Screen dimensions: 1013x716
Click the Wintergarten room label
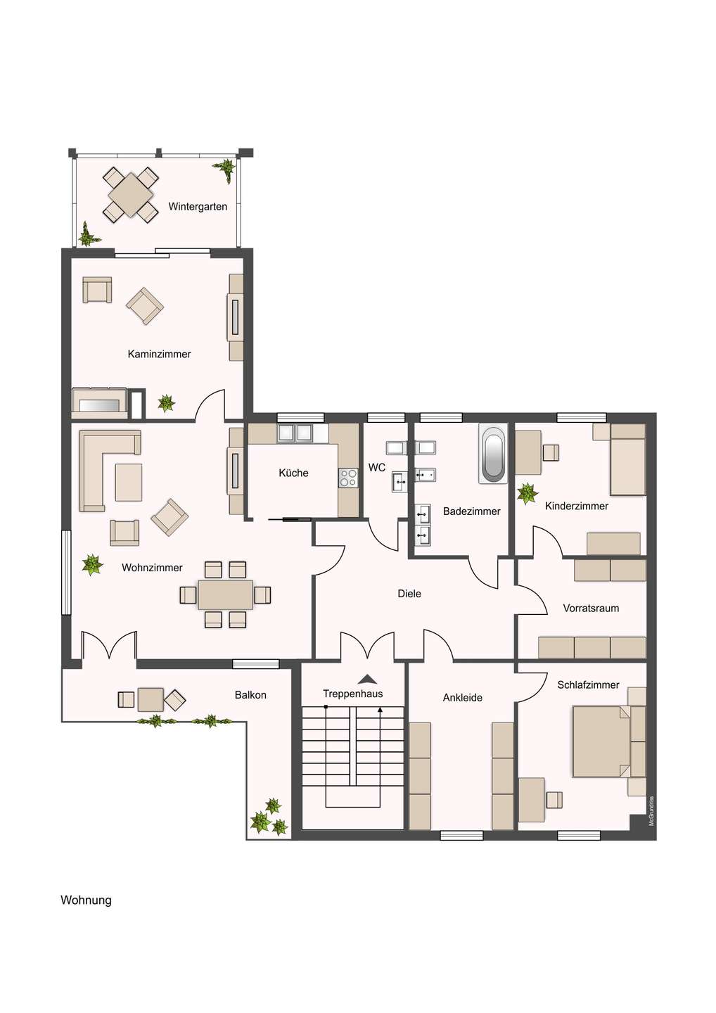tap(198, 207)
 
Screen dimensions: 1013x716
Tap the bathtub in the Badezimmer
tap(492, 454)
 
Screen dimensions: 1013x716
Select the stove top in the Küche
tap(348, 478)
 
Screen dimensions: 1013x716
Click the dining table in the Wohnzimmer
tap(225, 595)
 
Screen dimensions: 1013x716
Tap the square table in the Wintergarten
tap(131, 193)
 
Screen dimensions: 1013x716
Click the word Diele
tap(409, 594)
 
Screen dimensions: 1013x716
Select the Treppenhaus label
tap(353, 694)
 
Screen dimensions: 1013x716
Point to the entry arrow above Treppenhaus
tap(367, 680)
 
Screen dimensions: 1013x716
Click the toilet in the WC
tap(395, 447)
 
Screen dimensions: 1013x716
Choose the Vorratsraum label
tap(591, 609)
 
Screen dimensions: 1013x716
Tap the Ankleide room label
tap(463, 698)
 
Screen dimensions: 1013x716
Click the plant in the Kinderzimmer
tap(527, 493)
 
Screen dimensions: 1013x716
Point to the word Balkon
tap(250, 695)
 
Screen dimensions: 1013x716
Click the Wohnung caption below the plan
tap(86, 900)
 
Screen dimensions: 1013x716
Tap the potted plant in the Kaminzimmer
tap(166, 403)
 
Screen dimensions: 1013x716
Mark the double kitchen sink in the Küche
tap(295, 432)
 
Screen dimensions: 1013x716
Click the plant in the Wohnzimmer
tap(92, 564)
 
